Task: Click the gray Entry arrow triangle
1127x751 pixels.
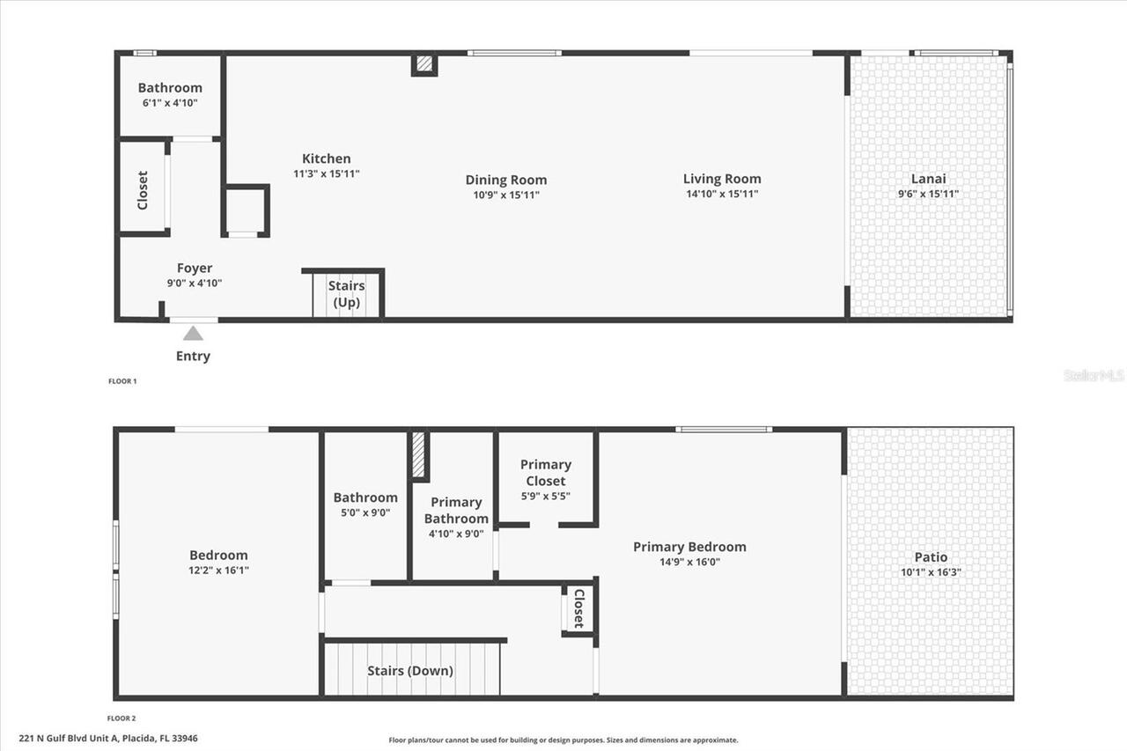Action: tap(193, 333)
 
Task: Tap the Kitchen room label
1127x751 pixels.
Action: tap(326, 158)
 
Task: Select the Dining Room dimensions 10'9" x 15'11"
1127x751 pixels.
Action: tap(505, 195)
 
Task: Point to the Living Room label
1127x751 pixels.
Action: tap(721, 179)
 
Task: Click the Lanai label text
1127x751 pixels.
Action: tap(928, 179)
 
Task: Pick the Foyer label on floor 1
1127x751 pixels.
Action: tap(195, 269)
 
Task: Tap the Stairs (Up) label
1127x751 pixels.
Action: tap(346, 294)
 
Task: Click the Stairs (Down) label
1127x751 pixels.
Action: tap(410, 671)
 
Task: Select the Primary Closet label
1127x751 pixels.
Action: tap(546, 473)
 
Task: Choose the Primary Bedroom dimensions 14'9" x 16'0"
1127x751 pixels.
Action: tap(689, 562)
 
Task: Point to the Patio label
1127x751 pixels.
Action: tap(931, 557)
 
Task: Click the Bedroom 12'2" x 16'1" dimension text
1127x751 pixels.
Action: tap(218, 570)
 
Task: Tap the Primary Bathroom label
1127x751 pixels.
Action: tap(456, 510)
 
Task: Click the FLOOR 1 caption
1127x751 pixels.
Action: tap(122, 381)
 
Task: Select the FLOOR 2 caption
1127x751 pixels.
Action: tap(122, 718)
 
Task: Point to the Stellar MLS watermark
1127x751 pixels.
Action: tap(1094, 376)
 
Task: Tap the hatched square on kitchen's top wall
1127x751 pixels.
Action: tap(424, 64)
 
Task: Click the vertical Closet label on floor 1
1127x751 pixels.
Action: tap(143, 189)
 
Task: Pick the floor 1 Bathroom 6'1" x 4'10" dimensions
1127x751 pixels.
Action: tap(170, 103)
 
